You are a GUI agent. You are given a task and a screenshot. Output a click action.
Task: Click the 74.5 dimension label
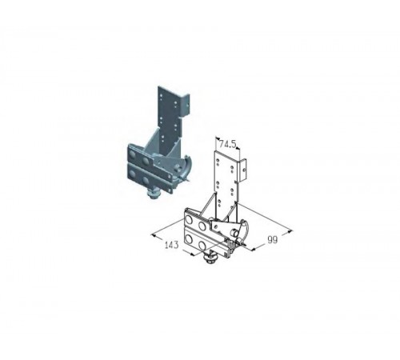228,145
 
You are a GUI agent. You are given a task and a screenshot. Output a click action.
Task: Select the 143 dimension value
171,245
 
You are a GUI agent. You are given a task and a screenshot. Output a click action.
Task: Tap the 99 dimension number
272,240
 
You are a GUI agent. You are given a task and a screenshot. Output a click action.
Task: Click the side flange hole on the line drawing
243,169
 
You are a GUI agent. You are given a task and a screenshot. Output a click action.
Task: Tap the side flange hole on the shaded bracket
188,104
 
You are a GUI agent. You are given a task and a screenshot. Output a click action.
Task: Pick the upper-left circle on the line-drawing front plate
190,219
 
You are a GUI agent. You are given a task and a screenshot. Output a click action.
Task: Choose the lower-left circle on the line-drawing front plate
189,238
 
